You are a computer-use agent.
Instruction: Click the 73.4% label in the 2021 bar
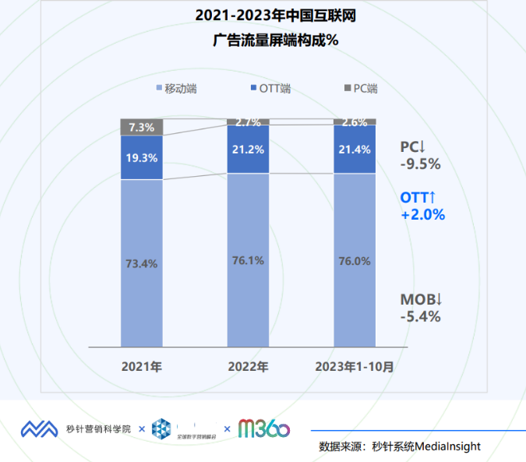142,263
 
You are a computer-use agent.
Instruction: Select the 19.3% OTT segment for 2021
142,157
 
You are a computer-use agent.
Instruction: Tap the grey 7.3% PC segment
142,127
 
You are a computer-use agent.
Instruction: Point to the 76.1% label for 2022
248,260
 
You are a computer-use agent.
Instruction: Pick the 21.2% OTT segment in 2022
248,149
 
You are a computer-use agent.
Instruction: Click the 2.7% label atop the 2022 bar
248,122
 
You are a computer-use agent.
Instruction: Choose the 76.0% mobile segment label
355,260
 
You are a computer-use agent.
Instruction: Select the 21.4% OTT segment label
355,149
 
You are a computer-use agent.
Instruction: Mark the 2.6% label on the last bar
355,122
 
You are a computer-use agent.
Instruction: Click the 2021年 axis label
142,366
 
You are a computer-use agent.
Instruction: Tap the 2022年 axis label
248,366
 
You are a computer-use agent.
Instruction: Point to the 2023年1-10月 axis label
355,366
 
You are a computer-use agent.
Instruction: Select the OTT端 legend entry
274,89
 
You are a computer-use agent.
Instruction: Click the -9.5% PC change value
421,164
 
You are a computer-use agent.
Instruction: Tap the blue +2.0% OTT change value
423,215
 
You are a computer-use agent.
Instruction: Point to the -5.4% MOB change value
421,316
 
